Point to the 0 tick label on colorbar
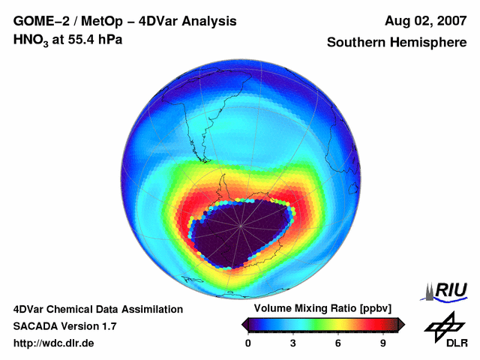point(248,343)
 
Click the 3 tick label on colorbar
point(293,343)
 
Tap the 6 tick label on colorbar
point(338,343)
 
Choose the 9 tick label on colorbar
point(382,343)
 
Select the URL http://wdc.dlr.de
point(54,343)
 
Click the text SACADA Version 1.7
point(64,326)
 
